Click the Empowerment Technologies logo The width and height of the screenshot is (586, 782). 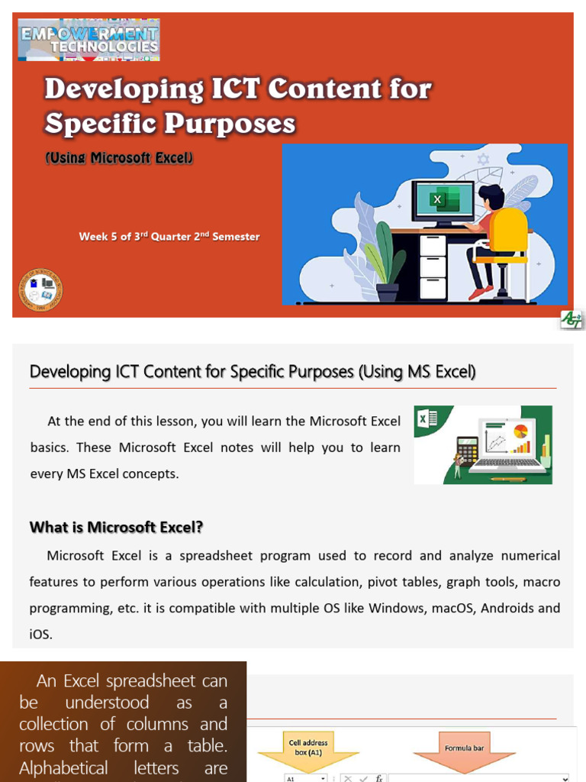point(89,39)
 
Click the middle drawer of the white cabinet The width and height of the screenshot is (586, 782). point(433,267)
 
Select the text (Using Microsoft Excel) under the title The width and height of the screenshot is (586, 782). point(119,158)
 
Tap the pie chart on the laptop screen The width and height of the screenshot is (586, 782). point(521,431)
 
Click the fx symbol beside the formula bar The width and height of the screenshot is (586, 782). point(379,777)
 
